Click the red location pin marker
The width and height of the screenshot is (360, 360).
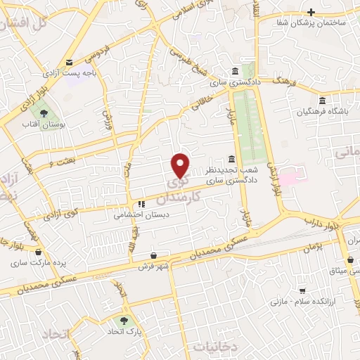tap(181, 165)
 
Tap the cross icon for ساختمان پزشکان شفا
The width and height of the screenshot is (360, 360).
tap(311, 12)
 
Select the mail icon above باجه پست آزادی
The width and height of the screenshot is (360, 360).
tap(69, 63)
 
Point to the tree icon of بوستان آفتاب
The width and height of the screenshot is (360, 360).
tap(44, 112)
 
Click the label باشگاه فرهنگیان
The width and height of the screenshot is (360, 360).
tap(321, 112)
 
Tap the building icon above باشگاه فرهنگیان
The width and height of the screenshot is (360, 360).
tap(322, 101)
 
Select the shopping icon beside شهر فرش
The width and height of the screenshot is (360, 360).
tap(154, 256)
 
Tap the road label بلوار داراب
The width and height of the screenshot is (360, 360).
tap(322, 225)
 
